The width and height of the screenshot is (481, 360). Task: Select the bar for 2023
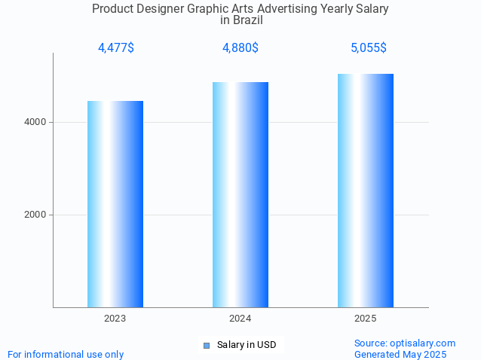[x=115, y=204]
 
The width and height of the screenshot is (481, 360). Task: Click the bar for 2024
[x=240, y=194]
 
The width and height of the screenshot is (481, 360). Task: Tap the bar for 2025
[x=366, y=191]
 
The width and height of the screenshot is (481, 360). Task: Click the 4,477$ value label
[x=115, y=48]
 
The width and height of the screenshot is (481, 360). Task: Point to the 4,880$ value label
[x=240, y=48]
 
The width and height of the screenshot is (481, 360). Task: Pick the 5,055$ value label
[x=368, y=48]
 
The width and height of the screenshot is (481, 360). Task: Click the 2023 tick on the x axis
[x=115, y=319]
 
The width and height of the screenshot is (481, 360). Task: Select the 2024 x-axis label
[x=240, y=319]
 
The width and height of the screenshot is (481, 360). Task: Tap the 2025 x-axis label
[x=366, y=319]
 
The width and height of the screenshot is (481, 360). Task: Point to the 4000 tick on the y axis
[x=35, y=122]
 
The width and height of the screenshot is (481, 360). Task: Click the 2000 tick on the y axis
[x=35, y=215]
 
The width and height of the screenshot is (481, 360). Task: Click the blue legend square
[x=207, y=346]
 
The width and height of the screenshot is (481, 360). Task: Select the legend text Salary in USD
[x=247, y=345]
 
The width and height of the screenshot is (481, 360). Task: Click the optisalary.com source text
[x=405, y=343]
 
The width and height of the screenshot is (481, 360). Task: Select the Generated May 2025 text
[x=400, y=354]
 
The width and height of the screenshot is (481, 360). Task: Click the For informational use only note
[x=66, y=354]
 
